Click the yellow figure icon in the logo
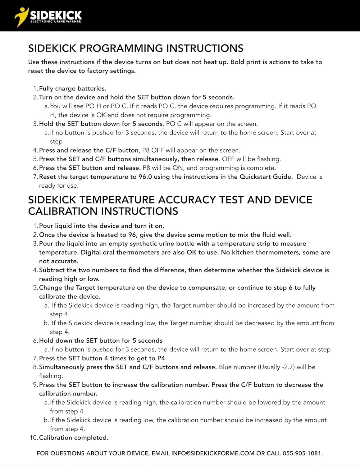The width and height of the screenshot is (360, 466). click(x=21, y=16)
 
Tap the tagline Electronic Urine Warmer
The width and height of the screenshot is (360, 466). click(x=56, y=22)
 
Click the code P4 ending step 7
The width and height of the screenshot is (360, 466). click(x=161, y=358)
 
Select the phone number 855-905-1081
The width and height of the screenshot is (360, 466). click(x=302, y=453)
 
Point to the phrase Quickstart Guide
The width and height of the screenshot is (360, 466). click(x=266, y=177)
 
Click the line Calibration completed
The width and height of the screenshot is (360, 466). click(x=74, y=438)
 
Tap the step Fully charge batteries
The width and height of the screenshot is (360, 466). click(x=73, y=89)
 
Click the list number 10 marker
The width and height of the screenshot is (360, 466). click(x=33, y=438)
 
